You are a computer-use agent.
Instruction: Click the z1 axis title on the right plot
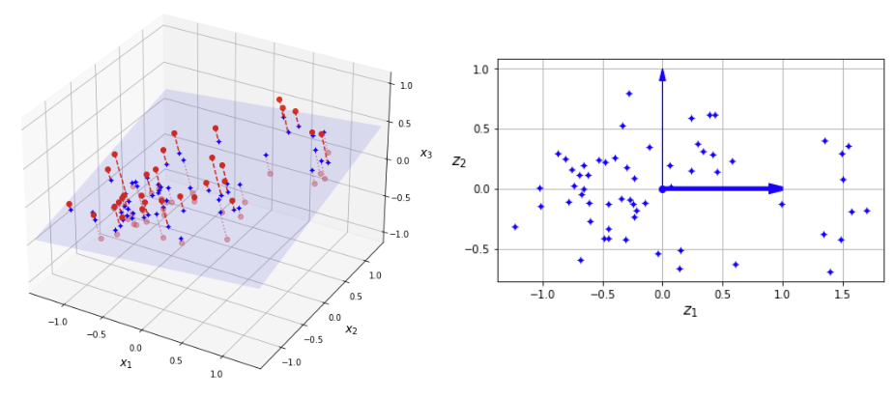click(x=691, y=310)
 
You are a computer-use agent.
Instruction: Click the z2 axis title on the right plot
click(x=459, y=161)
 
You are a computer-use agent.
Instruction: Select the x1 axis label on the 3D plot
click(x=126, y=362)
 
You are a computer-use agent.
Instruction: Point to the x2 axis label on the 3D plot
click(x=352, y=329)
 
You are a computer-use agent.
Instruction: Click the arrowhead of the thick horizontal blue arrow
click(x=775, y=189)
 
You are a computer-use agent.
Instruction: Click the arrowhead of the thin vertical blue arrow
click(x=662, y=75)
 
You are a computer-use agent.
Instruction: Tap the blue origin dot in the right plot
click(x=662, y=189)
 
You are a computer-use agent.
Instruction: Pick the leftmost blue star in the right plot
click(x=515, y=227)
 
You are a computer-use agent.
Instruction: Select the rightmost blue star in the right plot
click(x=867, y=211)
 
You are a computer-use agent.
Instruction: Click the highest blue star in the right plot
click(x=629, y=94)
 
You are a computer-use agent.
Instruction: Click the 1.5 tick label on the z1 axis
click(x=842, y=295)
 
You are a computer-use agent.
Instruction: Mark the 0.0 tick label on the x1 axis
click(x=136, y=348)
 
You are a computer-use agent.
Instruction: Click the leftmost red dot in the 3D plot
click(x=70, y=204)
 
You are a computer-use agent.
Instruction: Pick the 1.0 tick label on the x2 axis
click(x=374, y=274)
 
